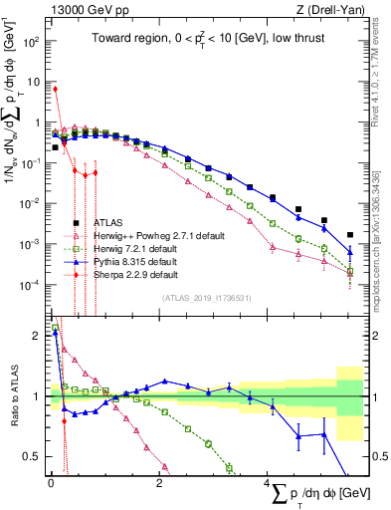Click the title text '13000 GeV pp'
pyautogui.click(x=82, y=11)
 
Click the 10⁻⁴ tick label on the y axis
pyautogui.click(x=31, y=285)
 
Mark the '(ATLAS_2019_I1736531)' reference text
pyautogui.click(x=208, y=297)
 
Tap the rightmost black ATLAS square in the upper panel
pyautogui.click(x=349, y=236)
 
